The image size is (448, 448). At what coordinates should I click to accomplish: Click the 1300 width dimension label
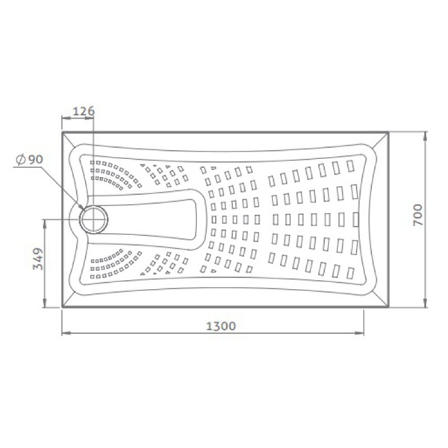(221, 326)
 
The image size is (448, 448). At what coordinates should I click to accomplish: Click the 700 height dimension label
(418, 215)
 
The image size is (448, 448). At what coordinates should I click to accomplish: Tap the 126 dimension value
(83, 111)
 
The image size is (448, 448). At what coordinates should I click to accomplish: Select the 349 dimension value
(38, 259)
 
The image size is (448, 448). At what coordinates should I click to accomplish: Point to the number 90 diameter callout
(35, 160)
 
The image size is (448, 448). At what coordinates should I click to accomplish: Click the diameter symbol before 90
(20, 160)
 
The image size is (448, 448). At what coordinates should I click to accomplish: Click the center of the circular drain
(94, 220)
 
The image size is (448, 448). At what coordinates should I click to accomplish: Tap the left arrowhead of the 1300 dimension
(66, 333)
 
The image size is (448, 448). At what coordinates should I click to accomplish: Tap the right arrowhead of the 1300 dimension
(360, 333)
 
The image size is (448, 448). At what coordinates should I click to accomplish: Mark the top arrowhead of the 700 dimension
(426, 136)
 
